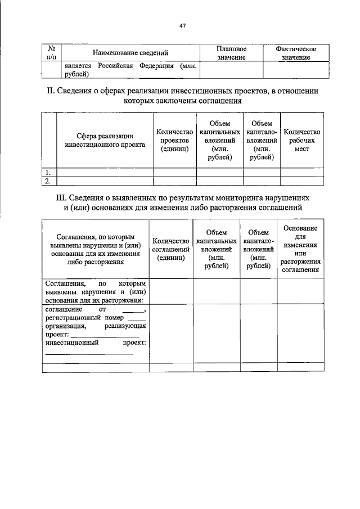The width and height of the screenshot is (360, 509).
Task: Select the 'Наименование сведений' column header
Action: tap(131, 53)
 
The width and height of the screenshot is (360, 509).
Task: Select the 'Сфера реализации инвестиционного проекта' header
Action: tap(105, 140)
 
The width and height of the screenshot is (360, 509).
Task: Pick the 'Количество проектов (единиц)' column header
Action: tap(174, 140)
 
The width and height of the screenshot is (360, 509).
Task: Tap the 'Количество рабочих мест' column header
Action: tap(302, 140)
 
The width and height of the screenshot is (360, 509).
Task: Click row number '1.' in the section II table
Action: tap(49, 172)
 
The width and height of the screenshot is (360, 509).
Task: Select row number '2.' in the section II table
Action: tap(49, 181)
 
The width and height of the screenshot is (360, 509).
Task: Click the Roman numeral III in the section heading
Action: tap(61, 198)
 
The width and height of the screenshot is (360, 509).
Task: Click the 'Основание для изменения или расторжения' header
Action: tap(300, 249)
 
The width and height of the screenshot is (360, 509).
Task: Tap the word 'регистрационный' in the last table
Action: tap(73, 318)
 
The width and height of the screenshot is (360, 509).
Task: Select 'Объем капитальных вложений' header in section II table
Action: tap(219, 140)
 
